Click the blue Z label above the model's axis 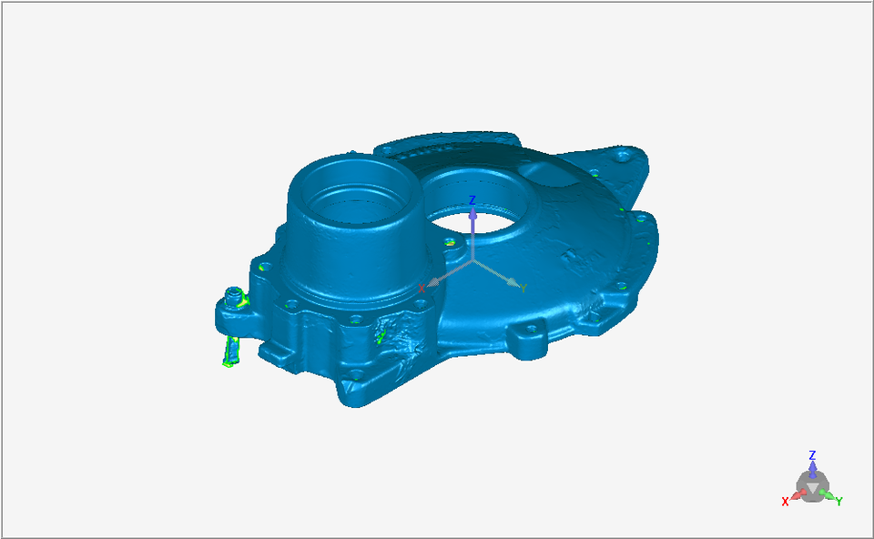[473, 200]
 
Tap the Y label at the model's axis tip [523, 289]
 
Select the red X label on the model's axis [422, 289]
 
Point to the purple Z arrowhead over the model [473, 213]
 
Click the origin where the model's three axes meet [473, 259]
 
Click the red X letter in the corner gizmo [785, 502]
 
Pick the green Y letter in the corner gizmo [838, 501]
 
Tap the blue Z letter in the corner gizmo [813, 455]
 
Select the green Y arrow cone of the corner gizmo [828, 495]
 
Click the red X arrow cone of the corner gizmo [798, 495]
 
